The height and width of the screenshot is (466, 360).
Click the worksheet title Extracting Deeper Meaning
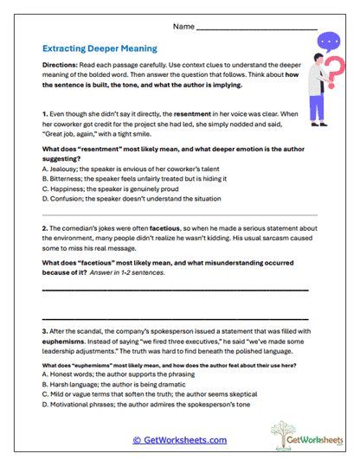tap(100, 50)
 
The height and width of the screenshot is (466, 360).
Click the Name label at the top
tap(183, 27)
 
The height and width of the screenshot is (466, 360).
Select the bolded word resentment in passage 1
tap(196, 114)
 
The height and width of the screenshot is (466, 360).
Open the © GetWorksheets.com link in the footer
tap(179, 440)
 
